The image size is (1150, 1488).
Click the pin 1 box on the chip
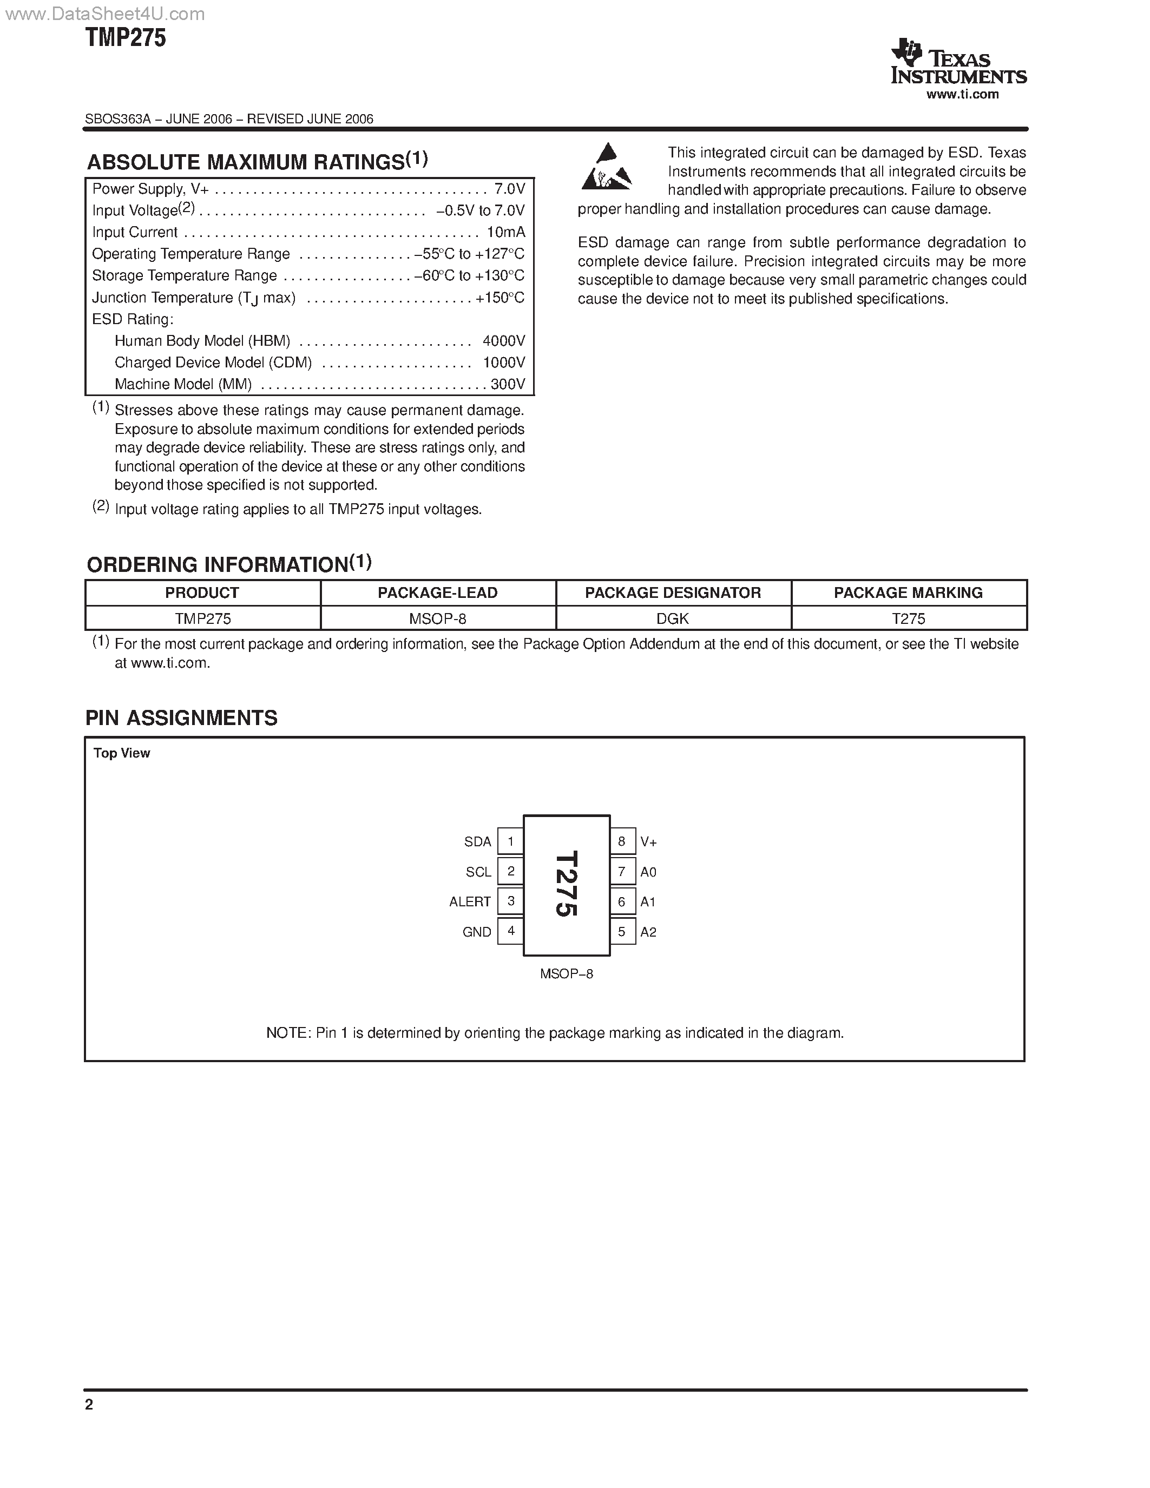click(x=510, y=841)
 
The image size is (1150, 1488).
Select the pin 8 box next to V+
click(x=621, y=841)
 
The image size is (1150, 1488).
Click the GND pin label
click(x=476, y=932)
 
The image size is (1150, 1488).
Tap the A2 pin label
click(x=648, y=932)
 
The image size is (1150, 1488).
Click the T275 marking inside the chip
click(x=566, y=884)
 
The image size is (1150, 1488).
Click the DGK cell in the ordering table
click(x=673, y=618)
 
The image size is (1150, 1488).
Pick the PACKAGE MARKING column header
click(x=908, y=592)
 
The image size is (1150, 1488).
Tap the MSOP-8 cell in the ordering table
click(x=437, y=618)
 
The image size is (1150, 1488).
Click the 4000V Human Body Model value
click(x=503, y=341)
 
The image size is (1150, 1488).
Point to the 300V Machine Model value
click(x=508, y=384)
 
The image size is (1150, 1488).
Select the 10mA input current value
click(x=505, y=232)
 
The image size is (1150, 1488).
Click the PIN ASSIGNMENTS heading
click(x=181, y=718)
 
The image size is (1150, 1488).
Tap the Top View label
click(x=121, y=753)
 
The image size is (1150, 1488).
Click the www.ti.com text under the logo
click(x=962, y=95)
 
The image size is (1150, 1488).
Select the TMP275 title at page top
click(x=126, y=38)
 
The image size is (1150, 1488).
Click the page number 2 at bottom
click(x=89, y=1404)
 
